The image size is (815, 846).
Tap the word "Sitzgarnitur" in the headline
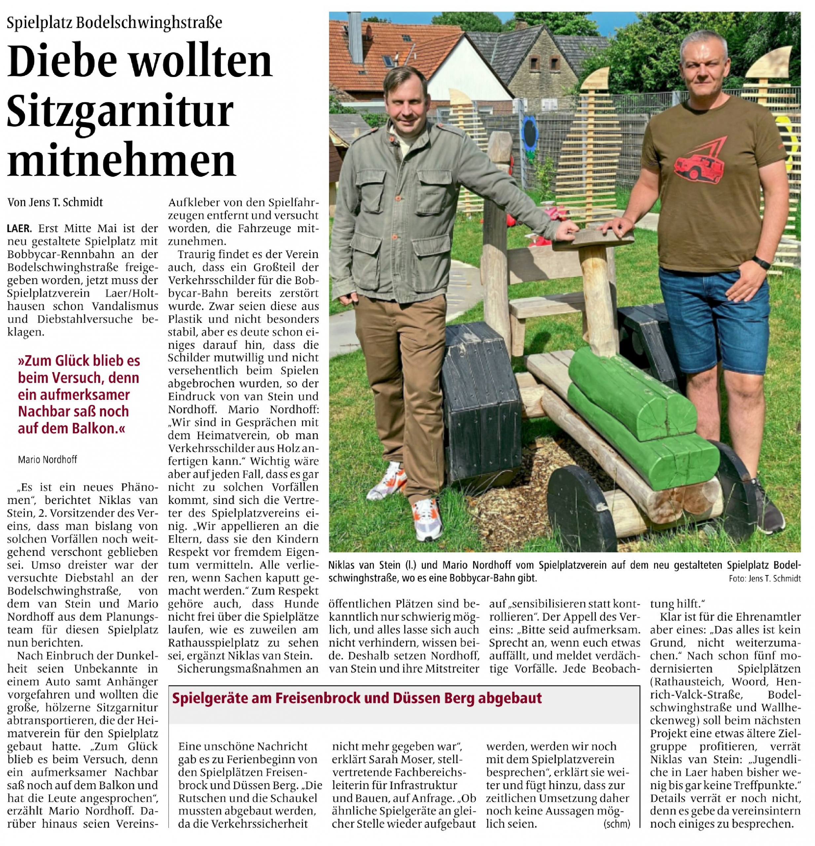click(x=120, y=110)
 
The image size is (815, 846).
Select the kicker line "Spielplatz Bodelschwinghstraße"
click(x=114, y=22)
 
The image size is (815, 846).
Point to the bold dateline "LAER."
click(x=19, y=228)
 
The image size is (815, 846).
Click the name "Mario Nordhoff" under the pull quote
click(x=48, y=459)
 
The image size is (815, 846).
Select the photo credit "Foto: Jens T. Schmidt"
click(x=764, y=579)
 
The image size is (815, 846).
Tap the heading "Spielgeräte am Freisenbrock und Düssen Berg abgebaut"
click(x=357, y=698)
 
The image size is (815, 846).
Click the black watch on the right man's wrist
click(x=760, y=262)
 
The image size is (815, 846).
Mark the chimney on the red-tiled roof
click(x=355, y=38)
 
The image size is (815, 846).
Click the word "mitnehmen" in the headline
click(x=122, y=159)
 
